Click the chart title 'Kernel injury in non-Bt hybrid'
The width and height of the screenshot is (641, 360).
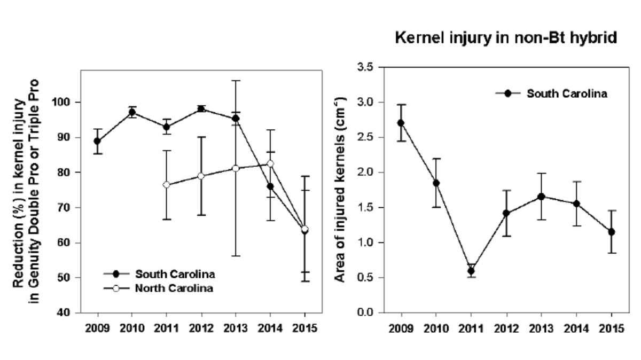pos(506,38)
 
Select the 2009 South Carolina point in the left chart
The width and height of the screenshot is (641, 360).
pos(97,141)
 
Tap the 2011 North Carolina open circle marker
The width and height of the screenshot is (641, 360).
pos(166,185)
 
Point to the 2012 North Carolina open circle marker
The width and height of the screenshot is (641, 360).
pos(201,176)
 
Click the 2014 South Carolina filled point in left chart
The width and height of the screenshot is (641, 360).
pos(270,186)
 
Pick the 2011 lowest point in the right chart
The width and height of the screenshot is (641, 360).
pos(471,271)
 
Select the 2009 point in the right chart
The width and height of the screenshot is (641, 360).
pos(401,123)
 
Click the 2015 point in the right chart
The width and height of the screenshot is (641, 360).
pos(611,232)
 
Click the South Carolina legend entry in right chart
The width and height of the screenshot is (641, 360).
pos(566,93)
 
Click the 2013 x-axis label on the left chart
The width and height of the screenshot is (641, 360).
pos(235,328)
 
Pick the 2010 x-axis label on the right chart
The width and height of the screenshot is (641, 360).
pos(435,328)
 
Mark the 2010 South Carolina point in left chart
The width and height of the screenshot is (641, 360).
pos(131,112)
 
